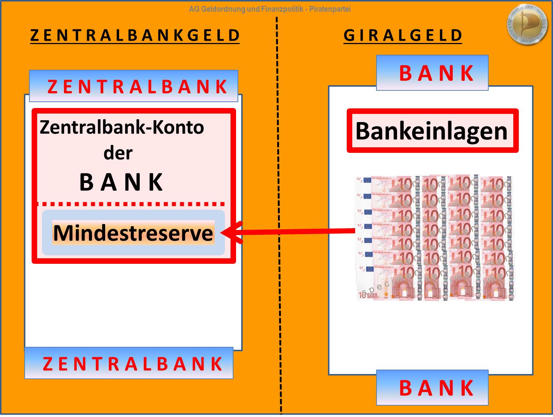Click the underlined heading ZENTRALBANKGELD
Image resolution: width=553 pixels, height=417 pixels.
[x=135, y=36]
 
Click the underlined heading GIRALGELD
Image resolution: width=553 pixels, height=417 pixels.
[x=403, y=36]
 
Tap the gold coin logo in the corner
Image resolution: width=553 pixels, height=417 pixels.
[x=527, y=24]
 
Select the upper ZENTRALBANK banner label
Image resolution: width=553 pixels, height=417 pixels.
[x=137, y=87]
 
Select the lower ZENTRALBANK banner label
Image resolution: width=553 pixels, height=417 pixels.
[x=132, y=364]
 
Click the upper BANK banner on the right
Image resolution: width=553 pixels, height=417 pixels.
[x=436, y=73]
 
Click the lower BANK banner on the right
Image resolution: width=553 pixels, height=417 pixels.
[x=436, y=388]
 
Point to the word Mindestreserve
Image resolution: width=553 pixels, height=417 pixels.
[x=133, y=233]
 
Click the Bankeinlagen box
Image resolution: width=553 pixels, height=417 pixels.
[x=432, y=131]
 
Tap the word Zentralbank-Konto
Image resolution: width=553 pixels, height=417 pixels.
[x=122, y=127]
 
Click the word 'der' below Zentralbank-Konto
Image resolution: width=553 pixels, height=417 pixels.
[x=118, y=153]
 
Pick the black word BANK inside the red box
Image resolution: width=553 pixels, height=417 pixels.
[x=121, y=182]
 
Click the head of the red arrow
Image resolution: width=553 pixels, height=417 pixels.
[x=230, y=233]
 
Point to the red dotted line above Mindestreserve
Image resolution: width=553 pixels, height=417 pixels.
[x=131, y=204]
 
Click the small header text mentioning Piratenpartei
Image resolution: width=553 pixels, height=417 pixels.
[x=329, y=9]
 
